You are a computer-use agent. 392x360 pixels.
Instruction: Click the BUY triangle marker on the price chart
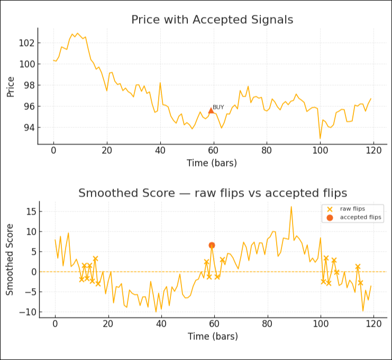[x=211, y=110]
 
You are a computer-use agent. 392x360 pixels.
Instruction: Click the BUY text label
[x=218, y=107]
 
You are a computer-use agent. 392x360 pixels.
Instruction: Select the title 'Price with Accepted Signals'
[x=212, y=20]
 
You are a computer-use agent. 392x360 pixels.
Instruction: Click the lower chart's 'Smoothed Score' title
[x=212, y=193]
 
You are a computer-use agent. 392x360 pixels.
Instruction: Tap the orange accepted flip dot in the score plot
[x=212, y=245]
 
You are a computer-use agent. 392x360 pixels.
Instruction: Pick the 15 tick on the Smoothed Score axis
[x=30, y=211]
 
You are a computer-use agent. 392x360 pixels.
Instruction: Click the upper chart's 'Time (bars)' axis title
[x=212, y=163]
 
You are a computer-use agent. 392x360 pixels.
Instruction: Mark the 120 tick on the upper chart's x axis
[x=373, y=150]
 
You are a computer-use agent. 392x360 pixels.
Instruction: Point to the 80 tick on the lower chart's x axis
[x=268, y=324]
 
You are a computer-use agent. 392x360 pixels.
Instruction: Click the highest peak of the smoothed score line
[x=291, y=207]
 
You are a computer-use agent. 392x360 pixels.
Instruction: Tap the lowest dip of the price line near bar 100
[x=320, y=139]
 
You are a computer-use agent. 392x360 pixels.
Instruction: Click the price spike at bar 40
[x=160, y=82]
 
